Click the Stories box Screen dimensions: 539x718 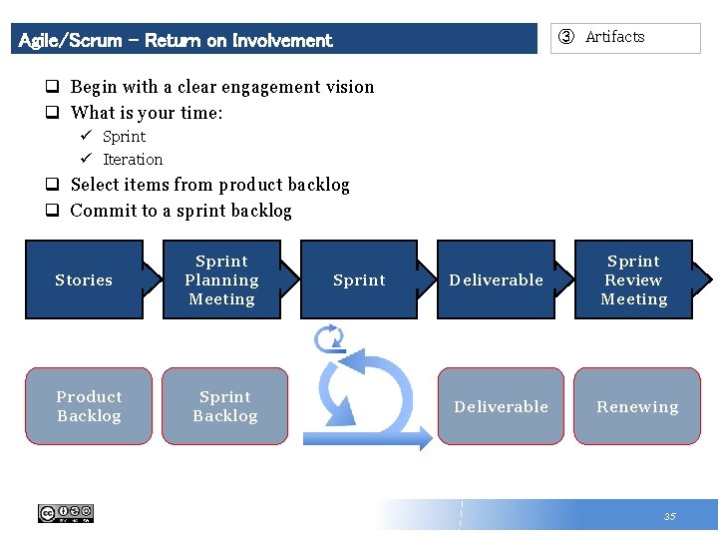(x=84, y=279)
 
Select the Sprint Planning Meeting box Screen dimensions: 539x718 (x=221, y=279)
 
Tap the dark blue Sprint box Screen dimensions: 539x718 (x=359, y=279)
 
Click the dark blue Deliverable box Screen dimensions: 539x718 (x=496, y=279)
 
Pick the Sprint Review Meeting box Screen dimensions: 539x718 (x=633, y=279)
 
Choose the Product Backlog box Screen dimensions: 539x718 (x=89, y=406)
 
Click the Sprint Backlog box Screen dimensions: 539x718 (x=224, y=406)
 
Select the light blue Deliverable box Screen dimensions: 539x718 (x=501, y=406)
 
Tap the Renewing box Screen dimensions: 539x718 (x=637, y=406)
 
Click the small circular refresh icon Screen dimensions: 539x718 (x=329, y=339)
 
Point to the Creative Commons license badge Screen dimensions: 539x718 (x=66, y=513)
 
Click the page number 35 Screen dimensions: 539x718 (x=669, y=516)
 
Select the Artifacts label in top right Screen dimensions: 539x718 (x=614, y=37)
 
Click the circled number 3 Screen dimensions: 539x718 (x=566, y=37)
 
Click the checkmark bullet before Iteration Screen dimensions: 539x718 (x=87, y=159)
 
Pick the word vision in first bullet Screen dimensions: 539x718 (x=349, y=87)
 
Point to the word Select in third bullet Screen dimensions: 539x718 (x=94, y=185)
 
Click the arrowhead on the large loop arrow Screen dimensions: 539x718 (x=422, y=437)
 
